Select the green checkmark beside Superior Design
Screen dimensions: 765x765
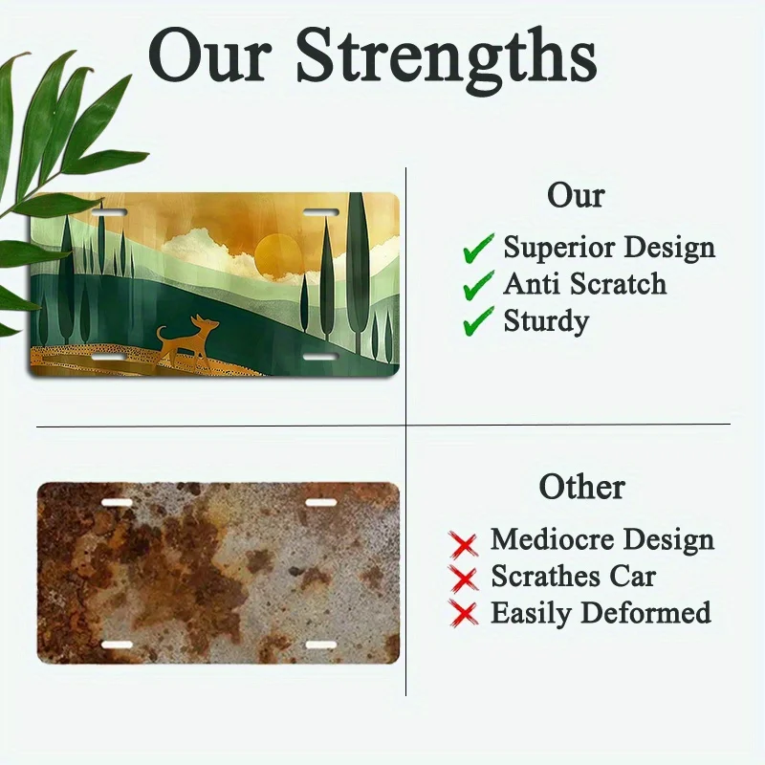[x=479, y=249]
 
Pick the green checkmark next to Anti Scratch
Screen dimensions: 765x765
[x=479, y=285]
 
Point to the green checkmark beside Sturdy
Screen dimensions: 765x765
[x=479, y=321]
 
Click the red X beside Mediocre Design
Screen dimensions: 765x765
[x=463, y=544]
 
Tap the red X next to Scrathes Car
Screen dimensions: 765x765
[x=463, y=579]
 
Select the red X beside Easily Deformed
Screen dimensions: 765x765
[x=463, y=613]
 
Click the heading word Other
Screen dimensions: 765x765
[x=582, y=487]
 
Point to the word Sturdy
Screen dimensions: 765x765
[x=546, y=322]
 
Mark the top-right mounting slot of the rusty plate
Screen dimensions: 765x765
[x=321, y=503]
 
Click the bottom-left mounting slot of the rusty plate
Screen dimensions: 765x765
[x=117, y=645]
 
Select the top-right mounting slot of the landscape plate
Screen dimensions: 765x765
[x=320, y=212]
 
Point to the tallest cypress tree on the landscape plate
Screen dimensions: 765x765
[x=359, y=273]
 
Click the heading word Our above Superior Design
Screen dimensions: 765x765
[x=576, y=196]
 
